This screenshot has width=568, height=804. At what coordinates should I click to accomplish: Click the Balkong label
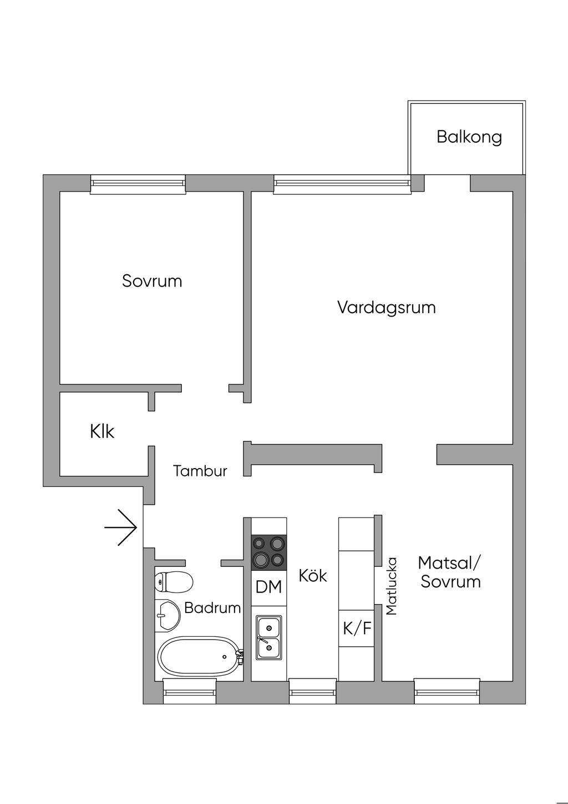click(469, 137)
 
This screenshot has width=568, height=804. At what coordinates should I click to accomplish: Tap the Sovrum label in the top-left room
click(152, 281)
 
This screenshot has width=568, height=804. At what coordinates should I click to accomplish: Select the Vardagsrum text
click(386, 307)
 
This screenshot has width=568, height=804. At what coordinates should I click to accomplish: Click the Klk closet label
click(102, 431)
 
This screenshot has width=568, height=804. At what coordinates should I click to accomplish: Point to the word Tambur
click(200, 471)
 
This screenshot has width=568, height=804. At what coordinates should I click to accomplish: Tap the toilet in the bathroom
click(174, 582)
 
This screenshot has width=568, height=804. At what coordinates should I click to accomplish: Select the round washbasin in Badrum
click(168, 615)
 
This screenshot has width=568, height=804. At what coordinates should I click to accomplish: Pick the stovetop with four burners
click(269, 552)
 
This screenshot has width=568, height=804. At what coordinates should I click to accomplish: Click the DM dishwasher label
click(269, 587)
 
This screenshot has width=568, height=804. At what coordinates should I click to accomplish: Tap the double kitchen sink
click(269, 637)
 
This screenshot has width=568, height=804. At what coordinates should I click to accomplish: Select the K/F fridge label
click(357, 629)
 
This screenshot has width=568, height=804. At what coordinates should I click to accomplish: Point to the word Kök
click(313, 576)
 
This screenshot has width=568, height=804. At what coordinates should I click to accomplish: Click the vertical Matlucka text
click(392, 586)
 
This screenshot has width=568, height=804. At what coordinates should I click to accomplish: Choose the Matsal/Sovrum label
click(450, 572)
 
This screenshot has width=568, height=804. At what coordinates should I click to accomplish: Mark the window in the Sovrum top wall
click(138, 184)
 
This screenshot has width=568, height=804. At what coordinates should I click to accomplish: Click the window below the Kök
click(313, 691)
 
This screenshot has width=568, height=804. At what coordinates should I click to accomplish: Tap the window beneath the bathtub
click(189, 691)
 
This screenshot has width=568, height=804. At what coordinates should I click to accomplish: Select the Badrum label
click(212, 608)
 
